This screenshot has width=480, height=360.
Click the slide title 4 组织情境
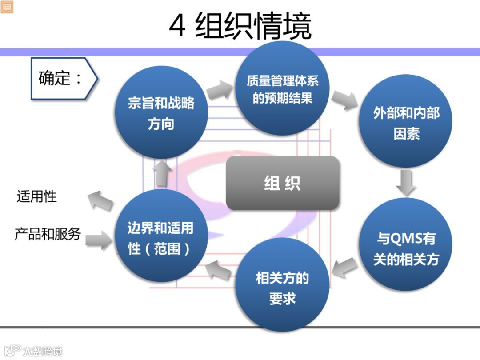point(240,26)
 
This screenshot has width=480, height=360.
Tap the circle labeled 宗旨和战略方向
point(161,113)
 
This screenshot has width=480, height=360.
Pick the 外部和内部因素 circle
point(405,123)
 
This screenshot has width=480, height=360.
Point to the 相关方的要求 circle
point(282,287)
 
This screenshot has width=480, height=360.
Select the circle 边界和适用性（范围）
point(161,238)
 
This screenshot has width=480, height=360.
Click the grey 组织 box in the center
point(283,183)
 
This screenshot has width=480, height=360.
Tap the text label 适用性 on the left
point(37,196)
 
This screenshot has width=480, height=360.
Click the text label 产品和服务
point(48,234)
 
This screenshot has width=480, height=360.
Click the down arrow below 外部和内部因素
point(405,181)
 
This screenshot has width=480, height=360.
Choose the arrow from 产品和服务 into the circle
point(99,240)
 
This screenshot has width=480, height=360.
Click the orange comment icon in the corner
point(7,7)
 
